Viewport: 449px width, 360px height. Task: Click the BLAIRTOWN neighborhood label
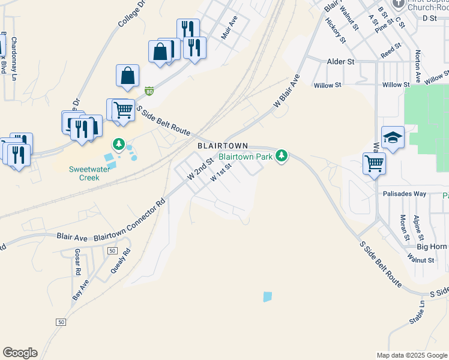coord(223,146)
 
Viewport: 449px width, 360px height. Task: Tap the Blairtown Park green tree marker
coord(282,157)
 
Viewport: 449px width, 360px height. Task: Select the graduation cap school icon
coord(393,137)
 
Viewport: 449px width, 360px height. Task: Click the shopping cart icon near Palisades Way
coord(374,162)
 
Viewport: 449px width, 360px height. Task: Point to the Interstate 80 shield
coord(149,91)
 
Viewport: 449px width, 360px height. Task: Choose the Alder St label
coord(340,62)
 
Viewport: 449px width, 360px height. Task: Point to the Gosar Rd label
coord(78,262)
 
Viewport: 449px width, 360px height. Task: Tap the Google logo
coord(20,353)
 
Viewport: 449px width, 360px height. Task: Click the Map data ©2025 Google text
coord(411,355)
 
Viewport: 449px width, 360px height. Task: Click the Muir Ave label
coord(229,27)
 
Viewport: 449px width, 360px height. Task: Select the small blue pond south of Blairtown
coord(267,296)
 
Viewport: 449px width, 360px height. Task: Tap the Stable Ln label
coord(417,313)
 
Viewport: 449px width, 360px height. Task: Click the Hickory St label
coord(336,30)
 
